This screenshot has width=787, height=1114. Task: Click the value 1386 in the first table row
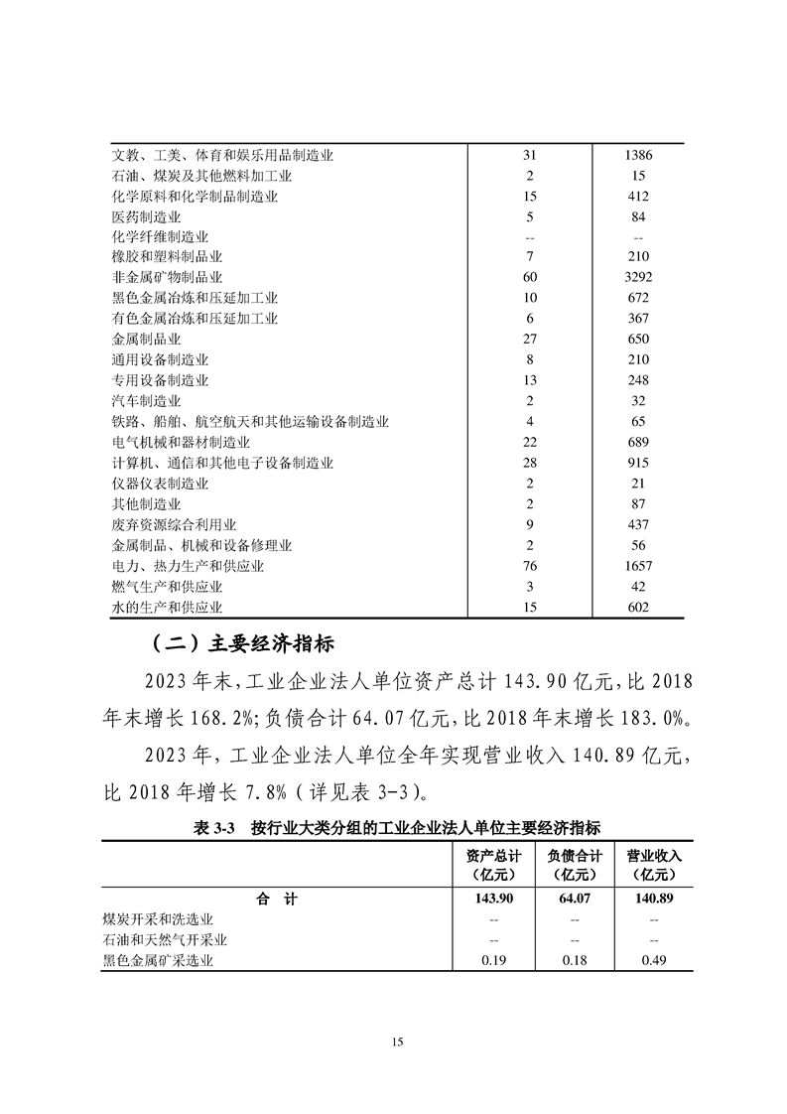(638, 156)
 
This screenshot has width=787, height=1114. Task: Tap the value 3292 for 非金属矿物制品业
(638, 278)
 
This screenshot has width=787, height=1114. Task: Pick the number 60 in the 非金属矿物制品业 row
(529, 278)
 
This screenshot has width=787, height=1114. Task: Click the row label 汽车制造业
(146, 401)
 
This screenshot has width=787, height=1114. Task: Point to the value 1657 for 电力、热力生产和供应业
(638, 566)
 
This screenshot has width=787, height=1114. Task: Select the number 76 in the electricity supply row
(529, 566)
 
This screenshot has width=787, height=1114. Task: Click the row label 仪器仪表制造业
(160, 484)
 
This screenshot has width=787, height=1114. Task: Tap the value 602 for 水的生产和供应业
(638, 608)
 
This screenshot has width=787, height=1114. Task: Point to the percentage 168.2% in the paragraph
(216, 717)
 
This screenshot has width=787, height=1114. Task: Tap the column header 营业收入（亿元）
(653, 865)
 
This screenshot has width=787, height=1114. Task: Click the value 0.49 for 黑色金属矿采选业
(653, 961)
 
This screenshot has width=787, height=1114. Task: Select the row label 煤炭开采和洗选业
(158, 919)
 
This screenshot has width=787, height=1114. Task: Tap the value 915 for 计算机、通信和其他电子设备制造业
(638, 463)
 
